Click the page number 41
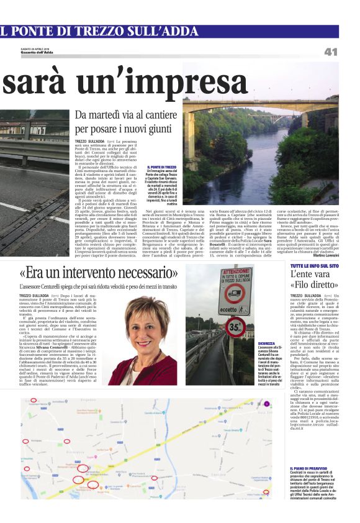coord(330,52)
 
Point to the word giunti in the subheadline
coord(181,129)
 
